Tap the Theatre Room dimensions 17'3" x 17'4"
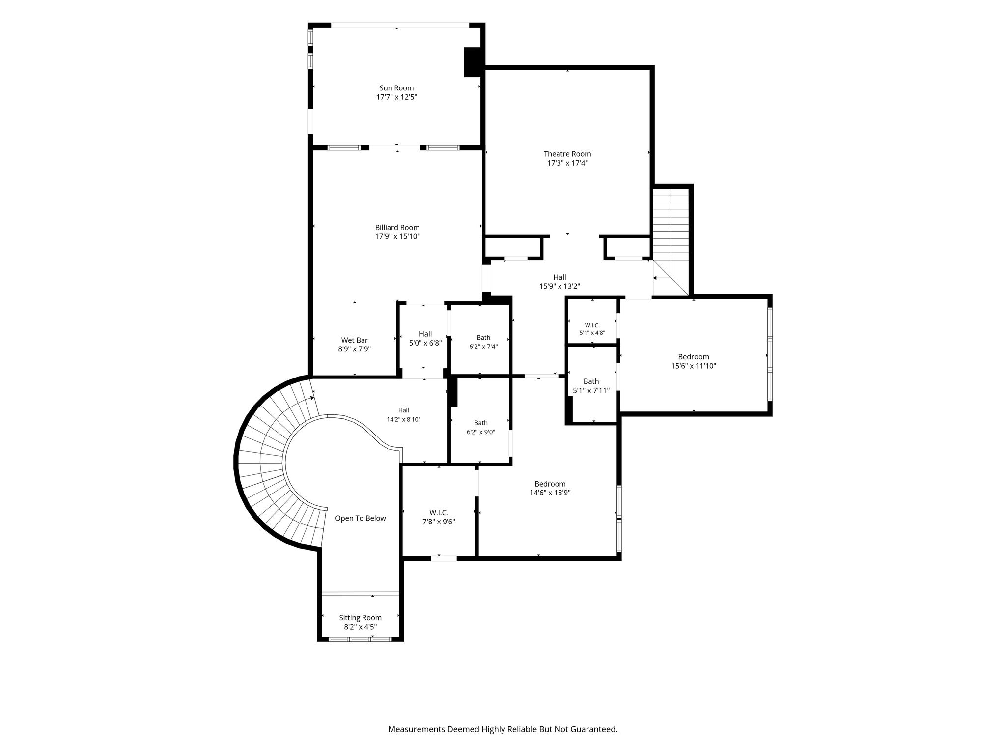pos(567,163)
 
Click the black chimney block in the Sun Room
pos(474,62)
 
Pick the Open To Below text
pos(361,518)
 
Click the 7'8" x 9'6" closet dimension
pos(439,522)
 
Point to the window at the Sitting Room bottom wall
pos(360,639)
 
